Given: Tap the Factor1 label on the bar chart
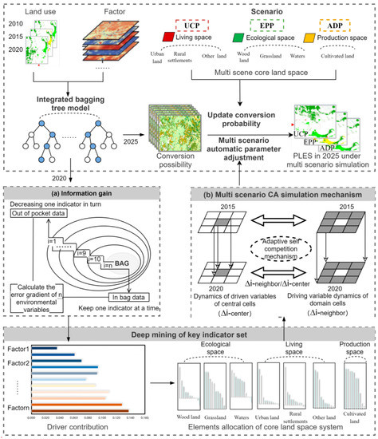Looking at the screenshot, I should pyautogui.click(x=18, y=350).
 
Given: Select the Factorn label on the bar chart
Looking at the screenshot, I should pyautogui.click(x=18, y=409).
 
